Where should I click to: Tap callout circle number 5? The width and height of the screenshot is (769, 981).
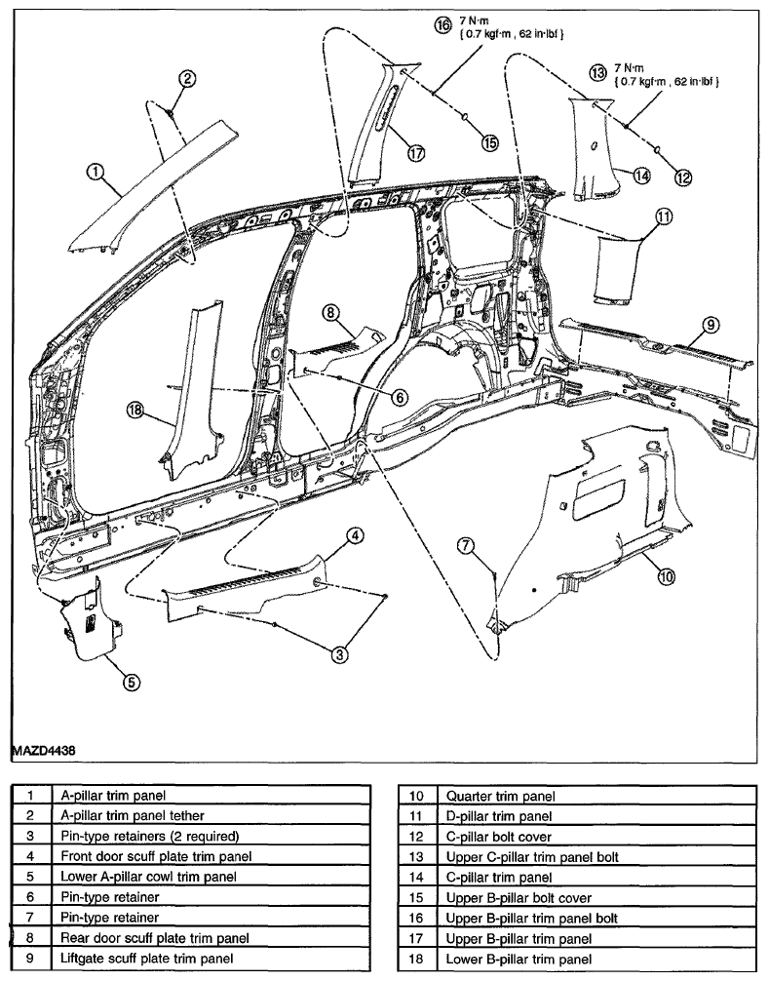pos(130,682)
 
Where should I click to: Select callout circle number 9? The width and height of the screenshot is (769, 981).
pos(711,324)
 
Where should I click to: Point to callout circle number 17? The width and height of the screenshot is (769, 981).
pos(416,153)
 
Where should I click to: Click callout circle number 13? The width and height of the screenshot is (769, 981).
pos(598,72)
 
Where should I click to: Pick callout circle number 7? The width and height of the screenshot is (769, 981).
pos(465,545)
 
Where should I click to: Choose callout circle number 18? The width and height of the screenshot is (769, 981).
pos(135,411)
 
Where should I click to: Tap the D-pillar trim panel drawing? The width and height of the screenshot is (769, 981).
pos(619,269)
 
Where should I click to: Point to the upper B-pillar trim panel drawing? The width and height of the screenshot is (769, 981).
pos(381,122)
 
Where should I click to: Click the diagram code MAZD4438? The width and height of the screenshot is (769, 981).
pos(44,750)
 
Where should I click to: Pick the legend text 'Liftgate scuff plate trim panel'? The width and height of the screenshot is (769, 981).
pos(147,958)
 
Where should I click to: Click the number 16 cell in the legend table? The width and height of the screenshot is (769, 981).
pos(416,918)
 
